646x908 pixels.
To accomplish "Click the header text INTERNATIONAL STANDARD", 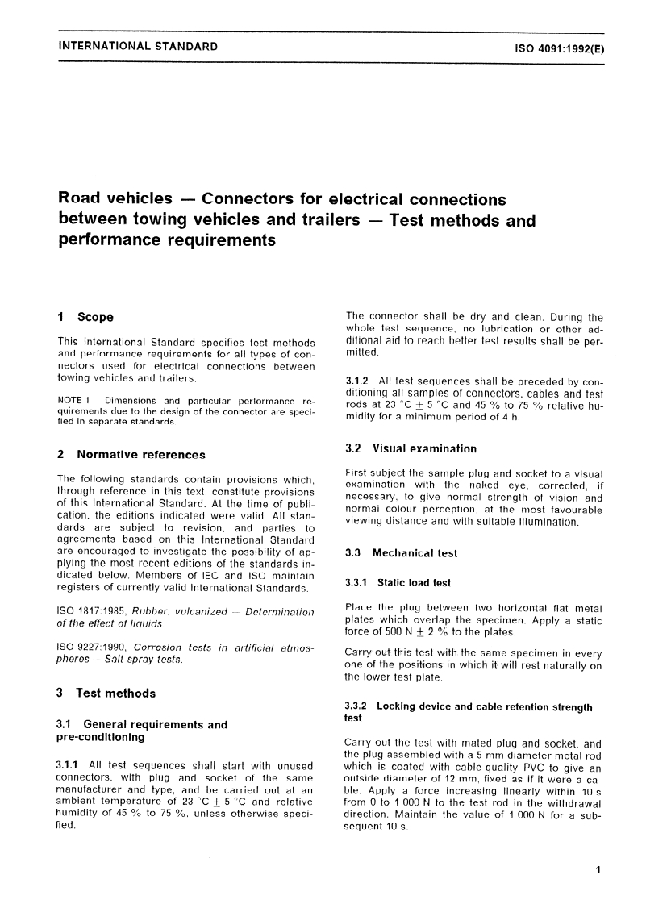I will (138, 47).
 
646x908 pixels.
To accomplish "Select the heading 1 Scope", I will (86, 317).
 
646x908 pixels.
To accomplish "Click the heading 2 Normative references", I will (131, 455).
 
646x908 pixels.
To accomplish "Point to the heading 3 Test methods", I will (106, 693).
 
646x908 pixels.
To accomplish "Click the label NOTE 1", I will (77, 400).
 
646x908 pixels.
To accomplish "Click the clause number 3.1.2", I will (358, 381).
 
